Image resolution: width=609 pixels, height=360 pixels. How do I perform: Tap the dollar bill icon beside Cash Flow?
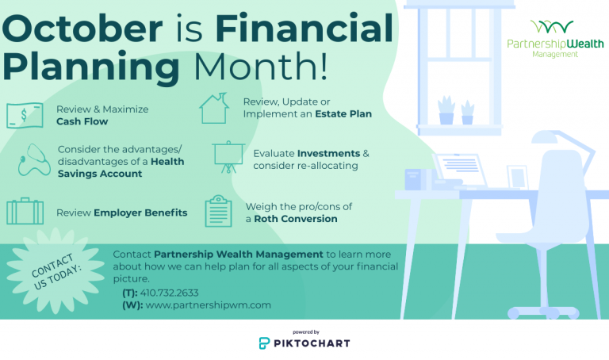(25, 115)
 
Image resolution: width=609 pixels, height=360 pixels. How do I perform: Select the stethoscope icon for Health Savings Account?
(31, 161)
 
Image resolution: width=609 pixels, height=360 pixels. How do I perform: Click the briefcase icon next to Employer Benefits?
(25, 212)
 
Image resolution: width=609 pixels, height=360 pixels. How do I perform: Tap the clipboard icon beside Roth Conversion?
(219, 212)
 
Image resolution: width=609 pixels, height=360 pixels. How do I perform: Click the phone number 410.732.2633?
(169, 293)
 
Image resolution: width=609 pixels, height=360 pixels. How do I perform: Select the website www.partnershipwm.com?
(209, 304)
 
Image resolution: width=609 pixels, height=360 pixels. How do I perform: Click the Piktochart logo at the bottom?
(304, 343)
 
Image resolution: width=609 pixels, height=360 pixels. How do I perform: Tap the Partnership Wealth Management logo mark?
(550, 29)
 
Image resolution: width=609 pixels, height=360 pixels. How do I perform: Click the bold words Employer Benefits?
(140, 213)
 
